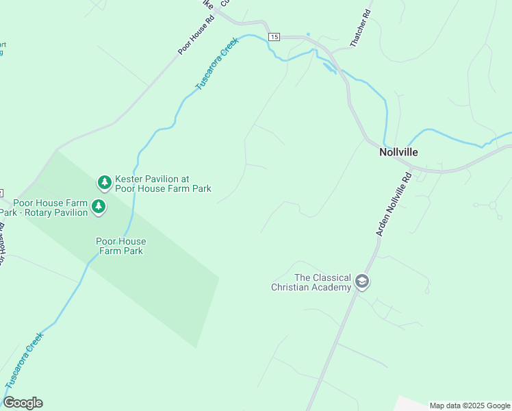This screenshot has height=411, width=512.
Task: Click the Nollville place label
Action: [x=398, y=152]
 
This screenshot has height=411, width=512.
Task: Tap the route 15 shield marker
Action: [x=274, y=36]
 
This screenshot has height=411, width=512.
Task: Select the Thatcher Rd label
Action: [x=360, y=29]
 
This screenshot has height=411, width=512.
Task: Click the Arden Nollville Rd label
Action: [x=394, y=204]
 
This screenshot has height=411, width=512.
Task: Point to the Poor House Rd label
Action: [x=196, y=35]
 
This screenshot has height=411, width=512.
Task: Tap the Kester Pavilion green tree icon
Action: [x=105, y=182]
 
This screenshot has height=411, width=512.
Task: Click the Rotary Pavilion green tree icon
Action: [x=99, y=206]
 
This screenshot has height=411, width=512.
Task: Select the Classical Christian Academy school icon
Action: [x=361, y=282]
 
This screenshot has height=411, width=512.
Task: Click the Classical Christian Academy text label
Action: [x=313, y=282]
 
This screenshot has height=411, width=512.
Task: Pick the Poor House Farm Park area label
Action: [x=120, y=246]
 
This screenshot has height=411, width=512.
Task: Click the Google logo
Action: [x=23, y=403]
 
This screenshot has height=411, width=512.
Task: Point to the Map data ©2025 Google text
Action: [x=470, y=406]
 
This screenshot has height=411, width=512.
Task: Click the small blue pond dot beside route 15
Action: [x=308, y=34]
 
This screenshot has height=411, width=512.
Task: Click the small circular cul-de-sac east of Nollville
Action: [x=492, y=205]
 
